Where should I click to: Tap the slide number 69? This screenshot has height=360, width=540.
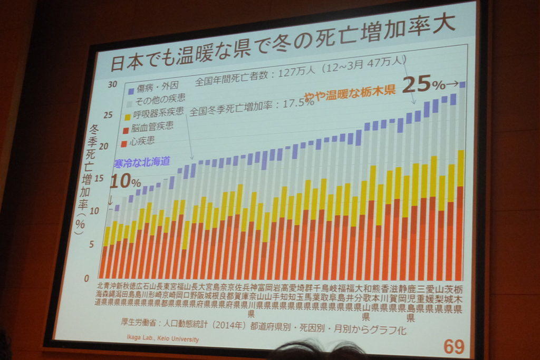[x=454, y=346]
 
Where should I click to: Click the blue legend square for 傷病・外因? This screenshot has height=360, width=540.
[x=130, y=85]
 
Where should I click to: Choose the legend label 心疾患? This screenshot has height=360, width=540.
[x=143, y=141]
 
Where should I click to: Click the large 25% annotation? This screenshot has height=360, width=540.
[x=424, y=84]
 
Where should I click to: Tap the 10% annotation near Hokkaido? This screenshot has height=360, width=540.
[x=124, y=182]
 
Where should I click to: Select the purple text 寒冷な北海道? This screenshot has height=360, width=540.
[x=142, y=162]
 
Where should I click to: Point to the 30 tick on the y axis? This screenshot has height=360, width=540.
[x=112, y=84]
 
